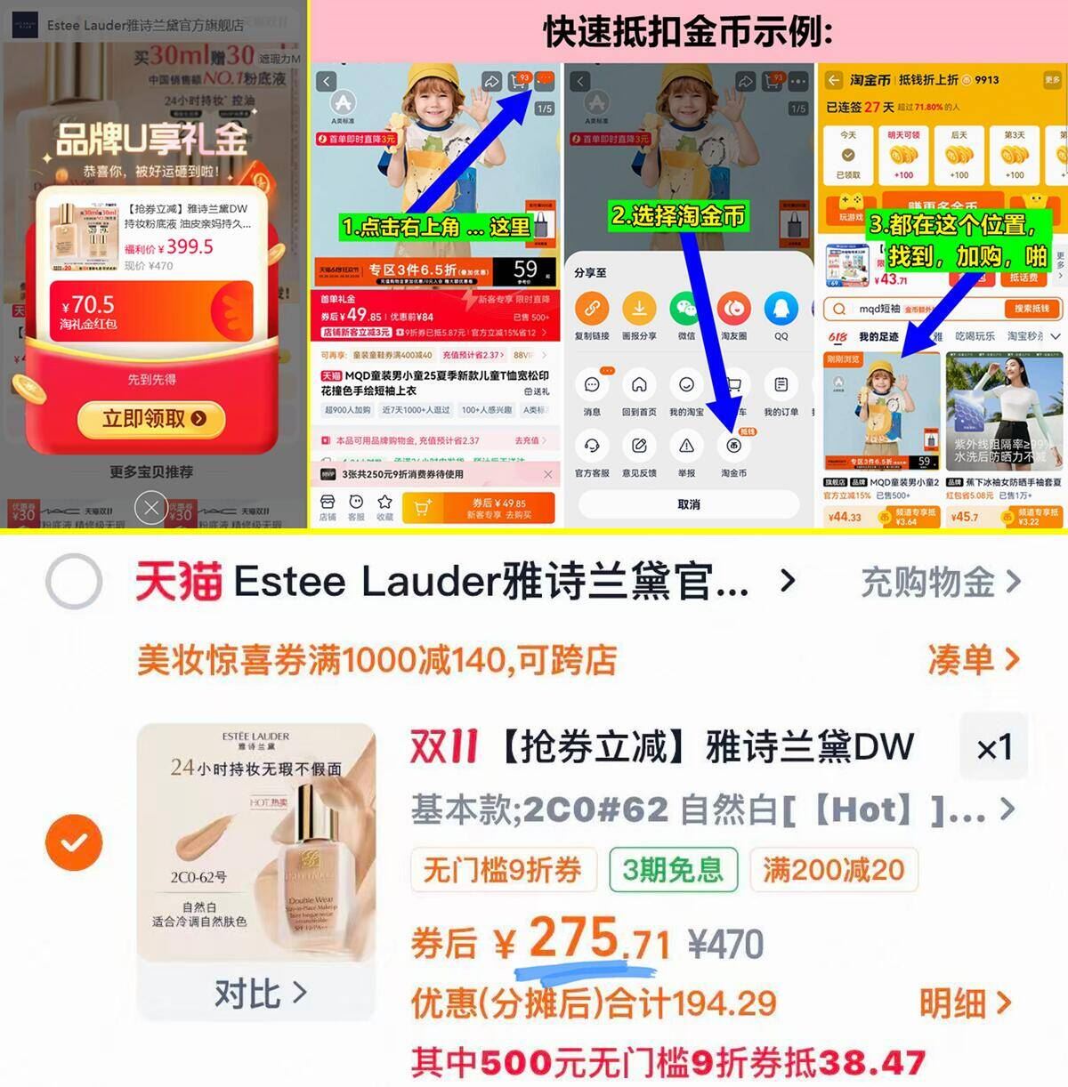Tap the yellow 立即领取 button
click(153, 418)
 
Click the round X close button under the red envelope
click(151, 509)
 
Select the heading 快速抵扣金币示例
click(688, 32)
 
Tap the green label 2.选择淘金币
click(678, 215)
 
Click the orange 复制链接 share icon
click(592, 310)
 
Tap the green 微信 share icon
click(686, 310)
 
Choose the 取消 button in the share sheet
click(689, 504)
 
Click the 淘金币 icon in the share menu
click(733, 447)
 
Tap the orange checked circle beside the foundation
click(74, 841)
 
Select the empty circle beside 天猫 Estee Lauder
click(74, 582)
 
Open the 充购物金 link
click(940, 583)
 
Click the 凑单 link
click(973, 660)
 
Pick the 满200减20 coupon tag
click(833, 869)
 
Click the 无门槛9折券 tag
click(502, 869)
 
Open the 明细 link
click(965, 1003)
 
